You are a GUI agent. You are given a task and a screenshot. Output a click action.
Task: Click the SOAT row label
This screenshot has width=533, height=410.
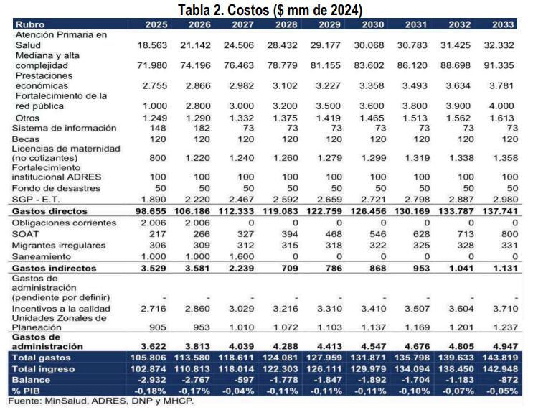26,233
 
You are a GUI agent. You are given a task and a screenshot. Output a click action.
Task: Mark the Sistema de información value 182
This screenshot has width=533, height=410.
201,128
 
